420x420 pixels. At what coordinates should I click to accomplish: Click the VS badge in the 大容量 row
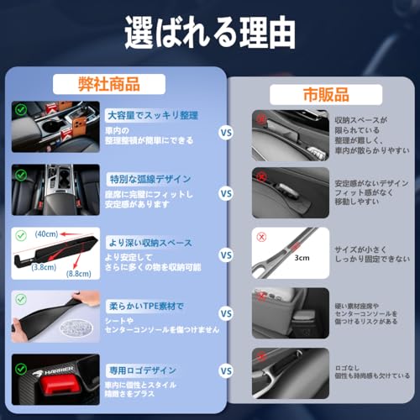[x=226, y=130]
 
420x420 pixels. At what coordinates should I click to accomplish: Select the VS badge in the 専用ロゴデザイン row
[x=226, y=370]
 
